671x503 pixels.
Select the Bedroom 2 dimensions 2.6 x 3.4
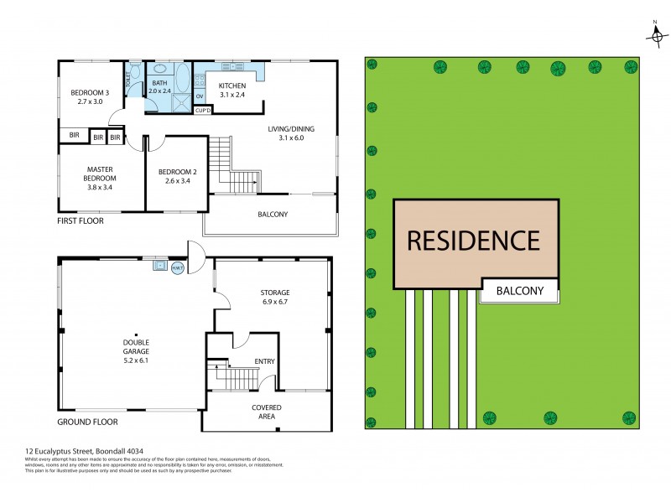tap(176, 181)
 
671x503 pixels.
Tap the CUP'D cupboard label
tap(202, 110)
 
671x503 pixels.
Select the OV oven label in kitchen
tap(200, 96)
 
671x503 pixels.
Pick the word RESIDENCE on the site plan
tap(474, 241)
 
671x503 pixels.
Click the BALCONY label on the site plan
tap(526, 292)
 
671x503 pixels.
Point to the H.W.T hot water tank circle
tap(178, 267)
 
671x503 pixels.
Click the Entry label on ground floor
tap(264, 361)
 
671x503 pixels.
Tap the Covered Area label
tap(267, 412)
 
